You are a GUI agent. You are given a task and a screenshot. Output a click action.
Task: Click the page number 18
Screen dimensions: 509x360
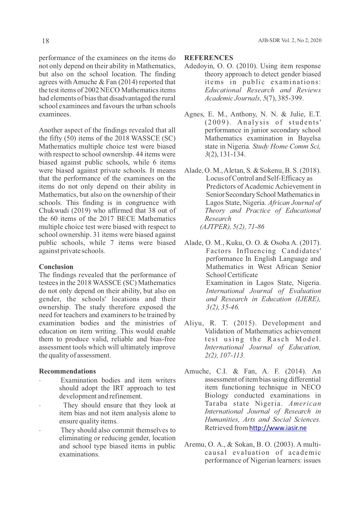click(x=46, y=41)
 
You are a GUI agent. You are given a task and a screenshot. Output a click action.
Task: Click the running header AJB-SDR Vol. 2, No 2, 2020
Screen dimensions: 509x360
click(x=290, y=41)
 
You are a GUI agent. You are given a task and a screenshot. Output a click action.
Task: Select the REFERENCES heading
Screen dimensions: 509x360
click(x=209, y=58)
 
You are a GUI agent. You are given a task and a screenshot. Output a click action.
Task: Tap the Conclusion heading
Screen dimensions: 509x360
click(x=56, y=267)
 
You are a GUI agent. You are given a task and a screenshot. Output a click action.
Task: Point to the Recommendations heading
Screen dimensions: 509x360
click(x=67, y=371)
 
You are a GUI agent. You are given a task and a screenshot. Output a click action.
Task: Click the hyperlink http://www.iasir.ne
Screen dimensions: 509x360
click(x=278, y=428)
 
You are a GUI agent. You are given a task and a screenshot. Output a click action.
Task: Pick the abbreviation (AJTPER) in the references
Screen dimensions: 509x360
click(x=215, y=227)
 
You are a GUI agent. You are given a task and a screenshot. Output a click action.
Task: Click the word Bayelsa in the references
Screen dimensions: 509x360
click(x=309, y=138)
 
